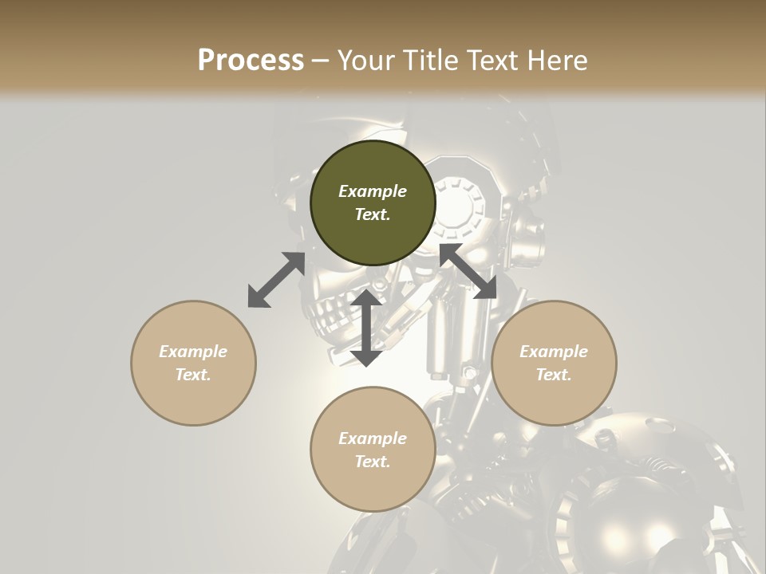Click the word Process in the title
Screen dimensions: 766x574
click(251, 61)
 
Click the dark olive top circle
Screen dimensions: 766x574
click(373, 203)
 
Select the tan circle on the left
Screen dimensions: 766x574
click(193, 363)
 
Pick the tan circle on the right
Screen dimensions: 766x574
click(554, 363)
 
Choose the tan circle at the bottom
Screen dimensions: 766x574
click(373, 449)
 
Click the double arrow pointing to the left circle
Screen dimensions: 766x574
click(276, 280)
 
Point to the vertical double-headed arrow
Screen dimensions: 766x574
click(366, 328)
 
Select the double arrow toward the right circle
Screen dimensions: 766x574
click(468, 272)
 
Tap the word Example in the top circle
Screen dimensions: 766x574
click(373, 191)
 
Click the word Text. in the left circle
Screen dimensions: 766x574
click(193, 375)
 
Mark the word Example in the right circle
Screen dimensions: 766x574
click(554, 352)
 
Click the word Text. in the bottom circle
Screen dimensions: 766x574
click(373, 462)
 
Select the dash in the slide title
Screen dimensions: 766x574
click(320, 61)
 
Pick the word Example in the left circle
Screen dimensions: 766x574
click(193, 352)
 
